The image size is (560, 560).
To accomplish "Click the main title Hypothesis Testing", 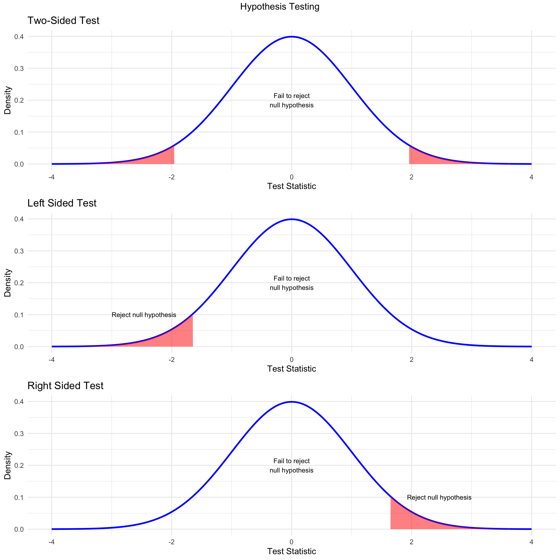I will pos(280,7).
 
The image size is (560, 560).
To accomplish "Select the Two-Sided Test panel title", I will pos(63,21).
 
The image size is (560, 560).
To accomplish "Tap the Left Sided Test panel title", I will pos(62,203).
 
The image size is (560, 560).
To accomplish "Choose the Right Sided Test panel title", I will pos(65,386).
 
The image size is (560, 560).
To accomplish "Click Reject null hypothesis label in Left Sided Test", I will pos(144,315).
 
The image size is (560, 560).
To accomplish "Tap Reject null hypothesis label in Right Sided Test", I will pos(439,498).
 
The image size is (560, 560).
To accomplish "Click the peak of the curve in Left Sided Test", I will pos(292,219).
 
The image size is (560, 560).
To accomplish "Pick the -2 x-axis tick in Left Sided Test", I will pos(171,360).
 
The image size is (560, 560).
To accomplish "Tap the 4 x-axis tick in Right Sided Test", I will pos(531,542).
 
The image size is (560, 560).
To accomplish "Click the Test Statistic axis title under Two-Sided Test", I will pos(291,186).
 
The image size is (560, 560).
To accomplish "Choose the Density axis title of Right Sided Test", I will pos(8,466).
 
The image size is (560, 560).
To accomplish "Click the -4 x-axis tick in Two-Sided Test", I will pos(51,177).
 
